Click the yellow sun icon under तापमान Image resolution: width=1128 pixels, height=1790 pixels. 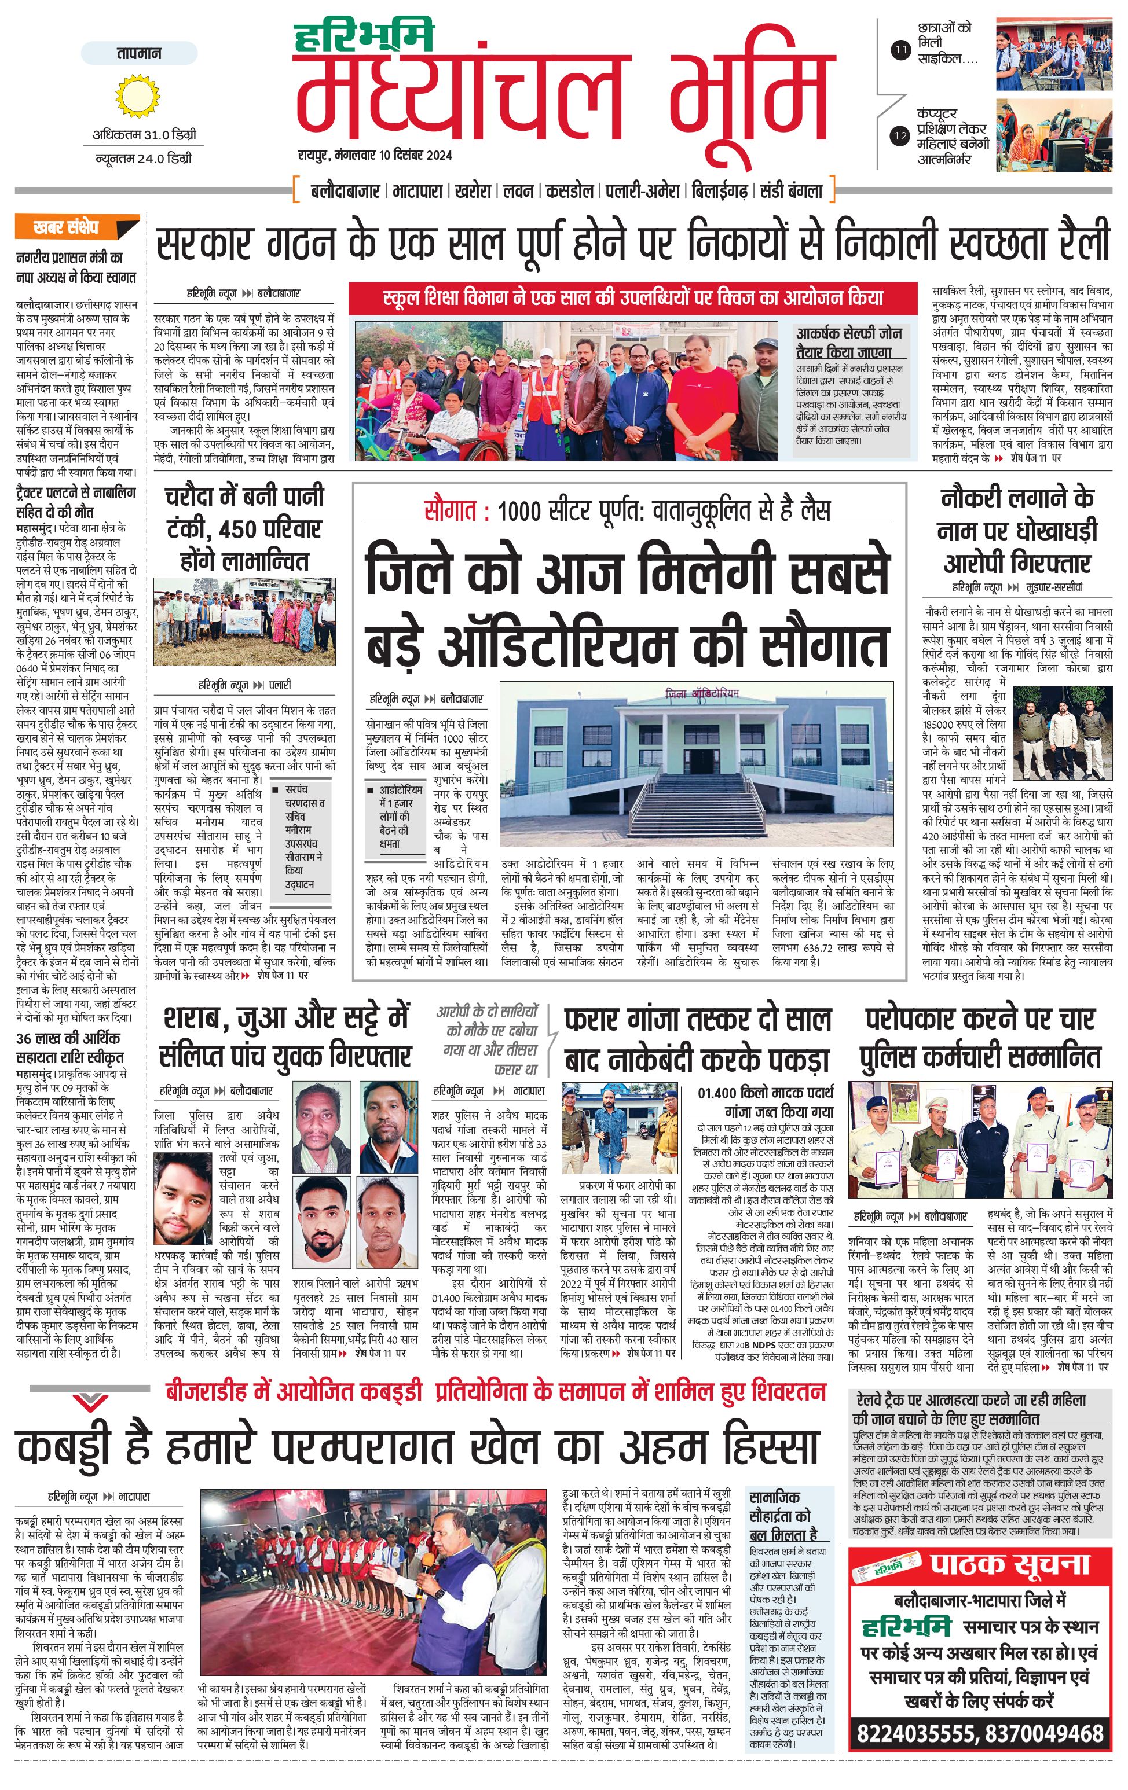point(138,97)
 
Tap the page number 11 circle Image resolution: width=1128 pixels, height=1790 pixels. point(900,50)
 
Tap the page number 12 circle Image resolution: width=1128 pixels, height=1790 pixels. point(900,136)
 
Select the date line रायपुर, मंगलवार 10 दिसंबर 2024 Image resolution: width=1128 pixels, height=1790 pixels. point(375,155)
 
